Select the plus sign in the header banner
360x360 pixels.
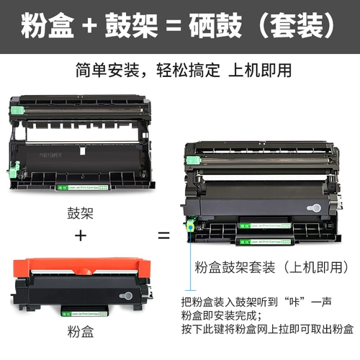pyautogui.click(x=88, y=27)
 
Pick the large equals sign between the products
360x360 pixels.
pyautogui.click(x=164, y=235)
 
